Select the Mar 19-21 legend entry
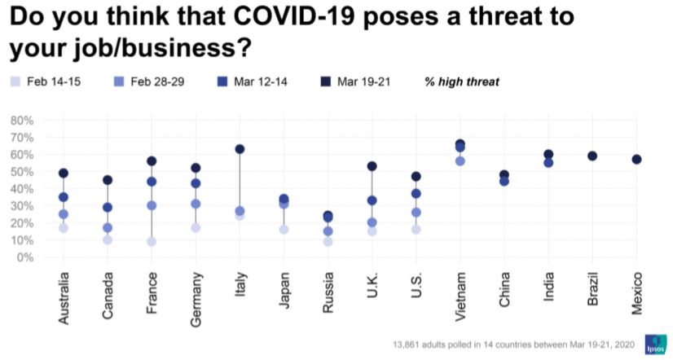[x=356, y=81]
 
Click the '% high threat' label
[x=461, y=81]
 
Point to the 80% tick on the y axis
[x=21, y=121]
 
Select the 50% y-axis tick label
[x=21, y=172]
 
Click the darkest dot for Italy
[x=240, y=149]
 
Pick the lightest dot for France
[x=152, y=242]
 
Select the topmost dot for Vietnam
[x=460, y=144]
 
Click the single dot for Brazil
[x=592, y=156]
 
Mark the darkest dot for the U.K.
[x=372, y=166]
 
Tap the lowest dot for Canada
[x=108, y=240]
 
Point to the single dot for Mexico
[x=636, y=160]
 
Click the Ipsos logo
[x=654, y=344]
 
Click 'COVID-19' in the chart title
[x=274, y=18]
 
